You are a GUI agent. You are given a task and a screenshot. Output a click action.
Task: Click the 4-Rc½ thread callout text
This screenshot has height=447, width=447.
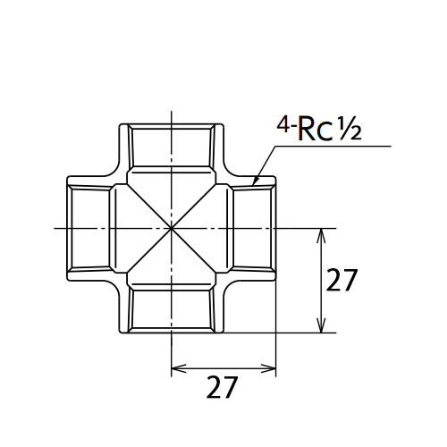pos(319,129)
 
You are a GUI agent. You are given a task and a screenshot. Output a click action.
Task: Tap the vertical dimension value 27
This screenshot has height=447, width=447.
pos(342,280)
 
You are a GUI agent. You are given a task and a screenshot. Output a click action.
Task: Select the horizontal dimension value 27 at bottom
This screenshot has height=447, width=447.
pos(222,387)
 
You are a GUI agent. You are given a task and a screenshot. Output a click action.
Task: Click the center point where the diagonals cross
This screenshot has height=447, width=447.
pos(172,229)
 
